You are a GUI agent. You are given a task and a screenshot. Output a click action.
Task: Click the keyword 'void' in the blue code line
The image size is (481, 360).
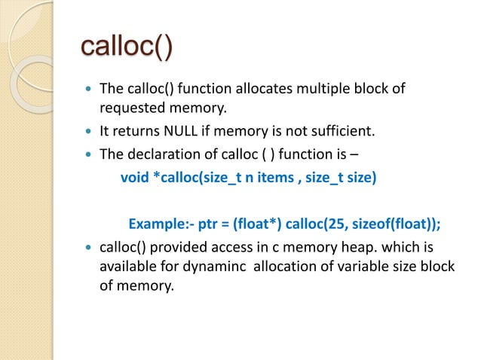point(134,179)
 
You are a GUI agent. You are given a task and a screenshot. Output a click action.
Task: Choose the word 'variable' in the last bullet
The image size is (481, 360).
point(364,267)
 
